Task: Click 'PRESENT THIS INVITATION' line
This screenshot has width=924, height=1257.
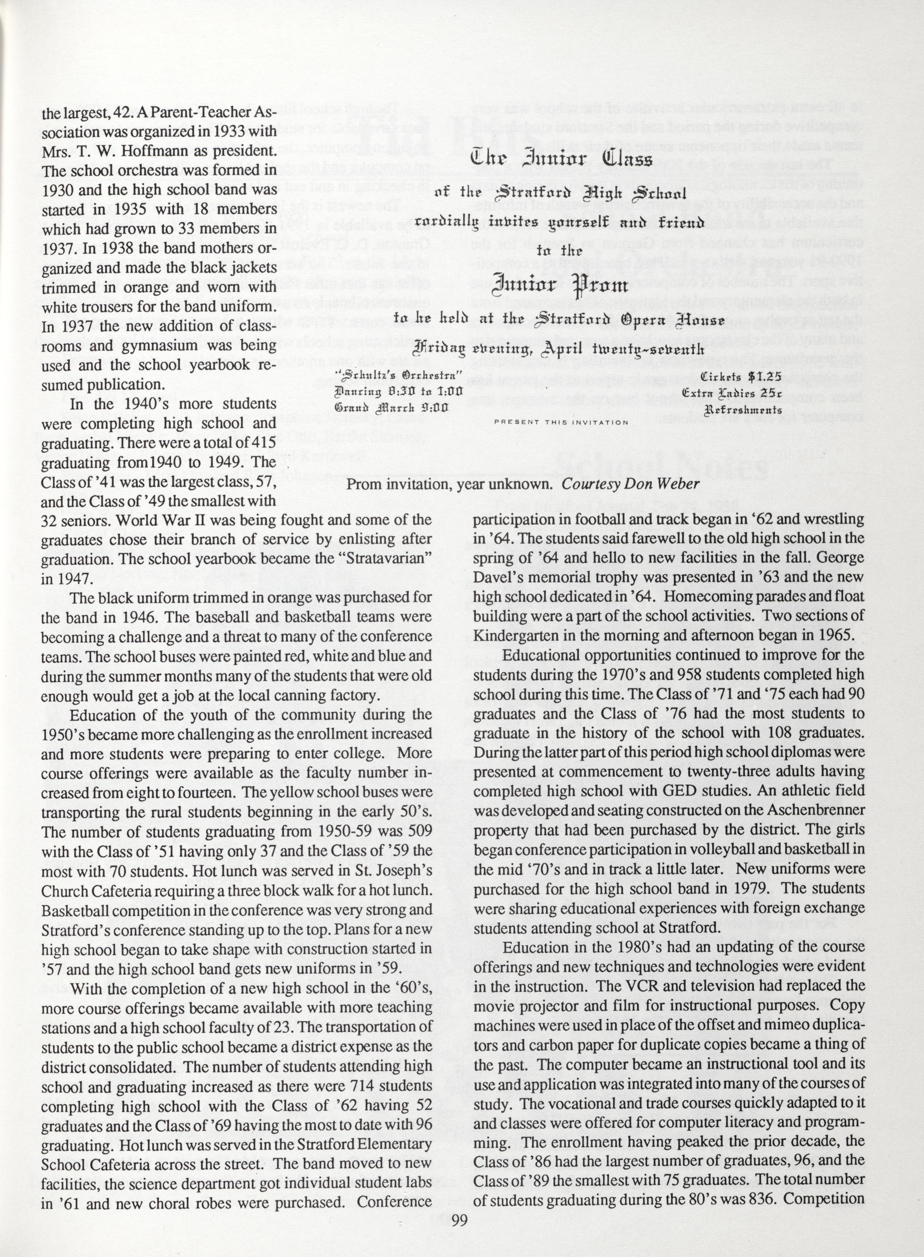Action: point(561,422)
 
